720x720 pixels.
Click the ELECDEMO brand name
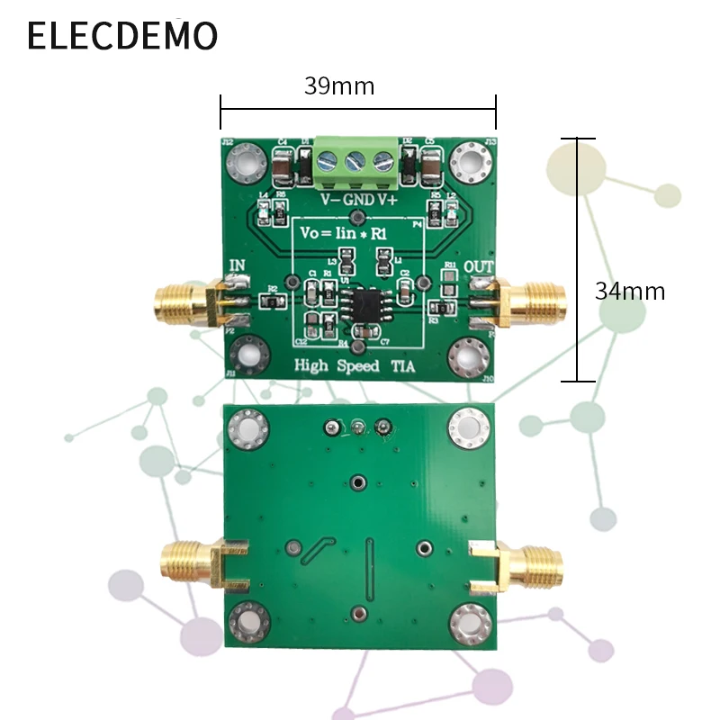(x=122, y=35)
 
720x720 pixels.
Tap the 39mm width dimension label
(x=338, y=86)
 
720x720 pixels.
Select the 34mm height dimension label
(x=629, y=291)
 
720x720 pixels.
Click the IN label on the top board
(x=239, y=265)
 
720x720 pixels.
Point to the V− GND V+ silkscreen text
(x=359, y=198)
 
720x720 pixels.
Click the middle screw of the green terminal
(x=357, y=162)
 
